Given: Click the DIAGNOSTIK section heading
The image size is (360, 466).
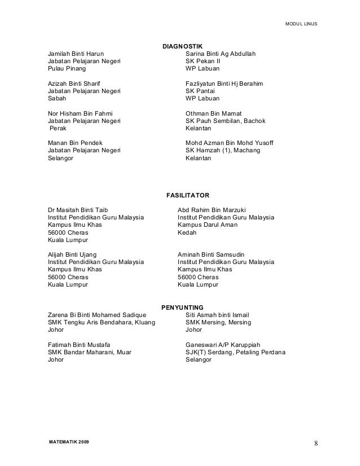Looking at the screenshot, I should click(182, 46).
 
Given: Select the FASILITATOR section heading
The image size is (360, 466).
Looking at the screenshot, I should click(187, 195).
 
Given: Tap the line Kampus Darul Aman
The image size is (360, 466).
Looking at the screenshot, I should click(207, 225).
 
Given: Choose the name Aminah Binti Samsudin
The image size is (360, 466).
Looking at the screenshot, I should click(215, 254).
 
